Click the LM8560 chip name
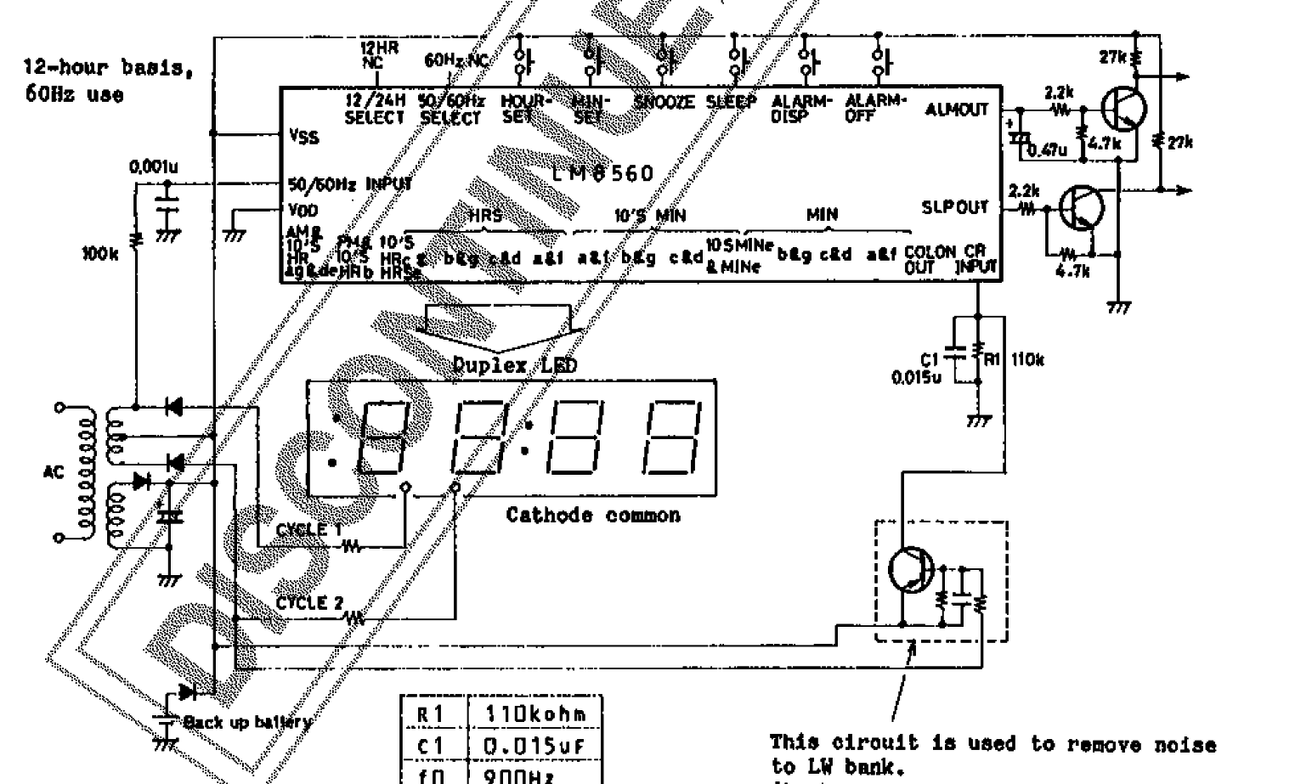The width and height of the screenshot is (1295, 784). point(603,174)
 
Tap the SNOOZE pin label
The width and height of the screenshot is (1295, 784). point(664,102)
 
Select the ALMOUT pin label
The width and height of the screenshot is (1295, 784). point(957,110)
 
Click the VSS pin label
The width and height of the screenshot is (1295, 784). point(303,136)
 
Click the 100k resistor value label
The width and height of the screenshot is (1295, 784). point(100,253)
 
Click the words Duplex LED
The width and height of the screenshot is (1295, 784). point(515,365)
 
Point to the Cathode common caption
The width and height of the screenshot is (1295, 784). point(593,516)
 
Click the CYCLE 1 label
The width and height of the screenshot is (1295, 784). point(308,530)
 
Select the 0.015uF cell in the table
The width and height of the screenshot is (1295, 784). point(534,746)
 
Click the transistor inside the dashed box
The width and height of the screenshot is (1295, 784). point(910,570)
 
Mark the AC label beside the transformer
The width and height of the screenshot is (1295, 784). point(54,471)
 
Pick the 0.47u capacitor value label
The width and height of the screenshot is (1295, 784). point(1047,150)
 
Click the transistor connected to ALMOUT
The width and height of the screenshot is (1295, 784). point(1123,109)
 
